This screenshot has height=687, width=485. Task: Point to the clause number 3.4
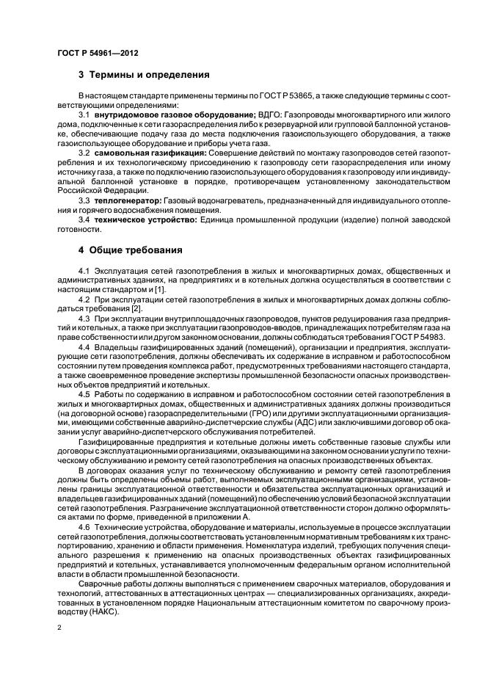point(84,219)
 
